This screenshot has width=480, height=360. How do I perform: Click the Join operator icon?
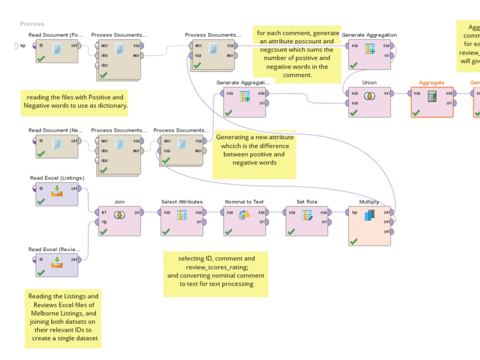[x=119, y=216]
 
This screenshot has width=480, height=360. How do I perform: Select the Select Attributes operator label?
[x=182, y=202]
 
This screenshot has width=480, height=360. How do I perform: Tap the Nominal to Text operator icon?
[x=244, y=216]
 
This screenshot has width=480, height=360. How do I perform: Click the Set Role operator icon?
[x=307, y=216]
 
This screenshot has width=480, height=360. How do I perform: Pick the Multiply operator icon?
[x=369, y=216]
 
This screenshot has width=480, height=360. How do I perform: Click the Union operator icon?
[x=369, y=96]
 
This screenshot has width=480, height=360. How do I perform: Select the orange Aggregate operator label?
[x=432, y=83]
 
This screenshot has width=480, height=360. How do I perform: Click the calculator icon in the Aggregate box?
[x=432, y=96]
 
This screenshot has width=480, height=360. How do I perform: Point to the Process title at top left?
[x=32, y=24]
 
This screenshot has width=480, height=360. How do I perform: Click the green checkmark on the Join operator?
[x=104, y=231]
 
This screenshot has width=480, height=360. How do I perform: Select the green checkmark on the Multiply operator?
[x=354, y=241]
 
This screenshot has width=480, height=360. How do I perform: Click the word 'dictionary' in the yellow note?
[x=112, y=106]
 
